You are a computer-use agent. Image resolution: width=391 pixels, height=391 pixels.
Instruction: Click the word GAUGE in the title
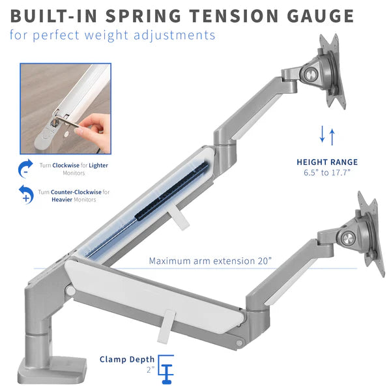click(320, 16)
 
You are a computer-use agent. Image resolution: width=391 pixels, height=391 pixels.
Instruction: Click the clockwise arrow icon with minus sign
click(25, 168)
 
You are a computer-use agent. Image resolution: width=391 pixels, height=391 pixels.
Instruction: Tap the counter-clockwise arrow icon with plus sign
click(26, 194)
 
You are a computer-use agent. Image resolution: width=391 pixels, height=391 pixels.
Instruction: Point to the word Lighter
click(98, 166)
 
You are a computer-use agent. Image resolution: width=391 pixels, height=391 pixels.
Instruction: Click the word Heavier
click(62, 199)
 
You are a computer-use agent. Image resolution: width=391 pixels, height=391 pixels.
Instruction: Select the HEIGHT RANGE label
click(327, 162)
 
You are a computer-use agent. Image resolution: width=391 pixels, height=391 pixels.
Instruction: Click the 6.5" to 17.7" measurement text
click(327, 173)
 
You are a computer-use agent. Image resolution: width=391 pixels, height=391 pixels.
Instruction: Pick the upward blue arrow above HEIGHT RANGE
click(332, 137)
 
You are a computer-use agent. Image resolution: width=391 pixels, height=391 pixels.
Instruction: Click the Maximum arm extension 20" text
click(210, 261)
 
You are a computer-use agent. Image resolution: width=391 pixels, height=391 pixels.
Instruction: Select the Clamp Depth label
click(127, 359)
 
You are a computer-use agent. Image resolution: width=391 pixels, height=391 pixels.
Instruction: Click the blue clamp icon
click(166, 369)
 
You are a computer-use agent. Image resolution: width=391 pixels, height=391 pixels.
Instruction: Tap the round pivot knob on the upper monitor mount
click(311, 74)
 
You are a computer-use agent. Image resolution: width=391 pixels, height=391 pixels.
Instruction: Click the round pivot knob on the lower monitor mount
click(348, 239)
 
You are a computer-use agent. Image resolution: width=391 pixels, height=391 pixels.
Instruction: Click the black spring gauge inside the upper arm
click(172, 191)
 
